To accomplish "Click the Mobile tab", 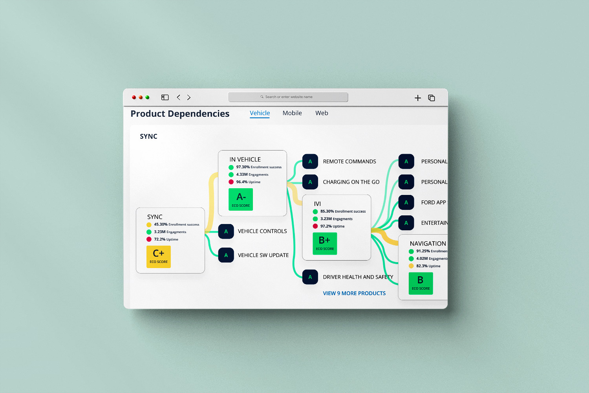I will pyautogui.click(x=292, y=113).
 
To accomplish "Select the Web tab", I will pyautogui.click(x=322, y=113).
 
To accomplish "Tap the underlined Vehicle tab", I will pyautogui.click(x=260, y=113).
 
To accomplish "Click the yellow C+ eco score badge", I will pyautogui.click(x=159, y=257).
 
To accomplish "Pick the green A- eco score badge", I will pyautogui.click(x=241, y=199).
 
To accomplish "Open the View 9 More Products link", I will pyautogui.click(x=354, y=293).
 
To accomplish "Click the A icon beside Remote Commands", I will pyautogui.click(x=310, y=162).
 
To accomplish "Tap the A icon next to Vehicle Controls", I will pyautogui.click(x=226, y=231).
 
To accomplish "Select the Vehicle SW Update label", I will pyautogui.click(x=263, y=255).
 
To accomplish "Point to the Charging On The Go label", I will pyautogui.click(x=351, y=182).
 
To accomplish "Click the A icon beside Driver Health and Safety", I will pyautogui.click(x=310, y=277).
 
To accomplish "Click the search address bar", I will pyautogui.click(x=288, y=97).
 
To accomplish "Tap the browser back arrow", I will pyautogui.click(x=179, y=97).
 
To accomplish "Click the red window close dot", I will pyautogui.click(x=134, y=97).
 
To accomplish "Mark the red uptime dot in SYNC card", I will pyautogui.click(x=149, y=239).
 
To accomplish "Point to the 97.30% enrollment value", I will pyautogui.click(x=243, y=167).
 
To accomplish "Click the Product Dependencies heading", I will pyautogui.click(x=180, y=114).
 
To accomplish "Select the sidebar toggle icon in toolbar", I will pyautogui.click(x=165, y=97).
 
